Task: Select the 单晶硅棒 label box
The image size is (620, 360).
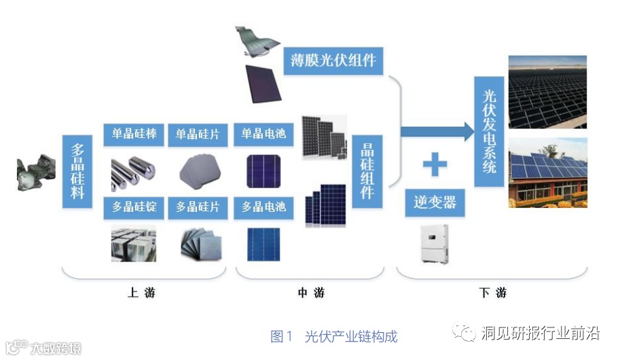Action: coord(134,134)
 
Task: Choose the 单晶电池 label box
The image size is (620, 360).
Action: coord(263,134)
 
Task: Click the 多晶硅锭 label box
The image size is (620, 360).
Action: coord(134,206)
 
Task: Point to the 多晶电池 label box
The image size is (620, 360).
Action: coord(263,206)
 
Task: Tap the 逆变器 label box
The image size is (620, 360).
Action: coord(435,202)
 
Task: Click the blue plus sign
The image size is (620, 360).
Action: coord(435,165)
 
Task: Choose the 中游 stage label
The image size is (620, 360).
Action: coord(311,293)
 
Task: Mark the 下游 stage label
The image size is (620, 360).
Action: coord(492,293)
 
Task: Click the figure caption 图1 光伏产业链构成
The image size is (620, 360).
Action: coord(333,336)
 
